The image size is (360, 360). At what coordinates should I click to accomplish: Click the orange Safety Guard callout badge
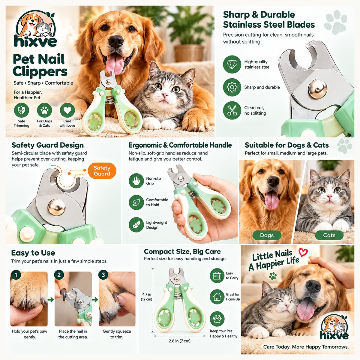[102, 171]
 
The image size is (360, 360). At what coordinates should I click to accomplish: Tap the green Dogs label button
[267, 235]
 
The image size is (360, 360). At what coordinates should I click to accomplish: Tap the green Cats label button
[329, 235]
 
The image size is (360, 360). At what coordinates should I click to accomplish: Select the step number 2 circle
[59, 274]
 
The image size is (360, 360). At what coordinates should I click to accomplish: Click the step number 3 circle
[103, 274]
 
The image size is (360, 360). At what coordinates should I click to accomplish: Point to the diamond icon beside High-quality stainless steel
[232, 64]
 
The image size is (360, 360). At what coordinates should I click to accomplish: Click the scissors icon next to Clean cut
[232, 110]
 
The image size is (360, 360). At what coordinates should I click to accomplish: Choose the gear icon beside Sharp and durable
[232, 87]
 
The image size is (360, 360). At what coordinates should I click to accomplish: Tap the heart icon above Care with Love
[67, 110]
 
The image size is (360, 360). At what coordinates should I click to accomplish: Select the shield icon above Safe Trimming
[22, 110]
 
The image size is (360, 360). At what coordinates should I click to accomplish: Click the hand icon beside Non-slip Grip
[136, 181]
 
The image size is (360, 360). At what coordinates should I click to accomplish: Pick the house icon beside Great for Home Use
[217, 296]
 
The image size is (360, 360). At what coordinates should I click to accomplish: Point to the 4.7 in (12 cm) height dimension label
[147, 297]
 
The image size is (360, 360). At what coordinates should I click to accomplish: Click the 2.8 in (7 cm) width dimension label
[179, 341]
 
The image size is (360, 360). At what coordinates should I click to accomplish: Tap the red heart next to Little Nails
[303, 252]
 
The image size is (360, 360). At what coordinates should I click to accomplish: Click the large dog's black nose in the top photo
[116, 41]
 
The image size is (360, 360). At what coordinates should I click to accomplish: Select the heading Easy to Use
[33, 253]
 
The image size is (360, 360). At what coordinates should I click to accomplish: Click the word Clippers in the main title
[40, 72]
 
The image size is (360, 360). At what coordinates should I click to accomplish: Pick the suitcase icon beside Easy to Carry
[217, 276]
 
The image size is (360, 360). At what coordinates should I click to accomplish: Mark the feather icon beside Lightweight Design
[136, 225]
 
